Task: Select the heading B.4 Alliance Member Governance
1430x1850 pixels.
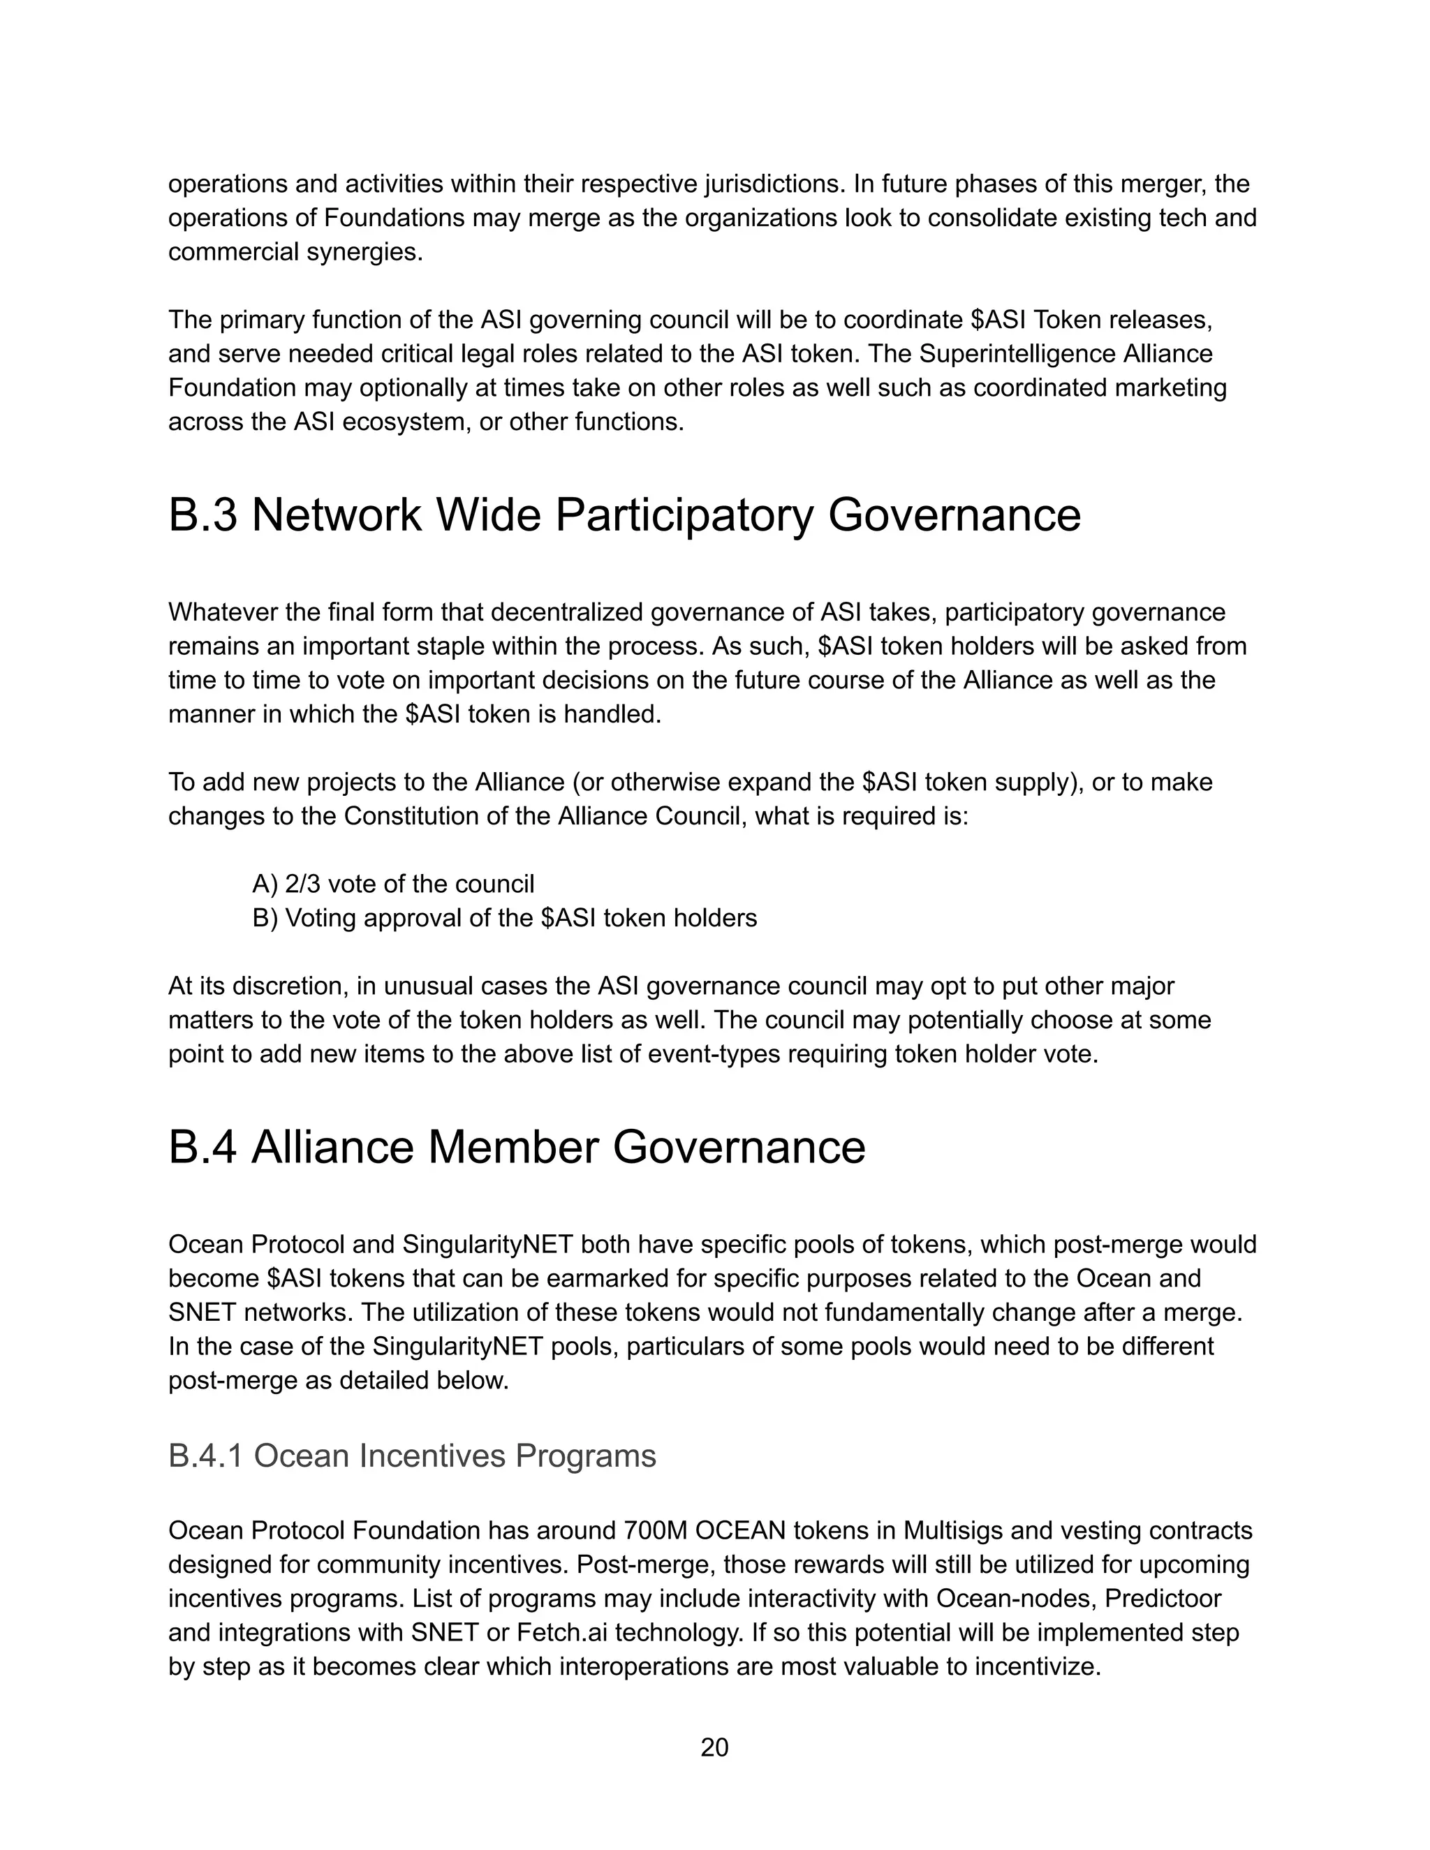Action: tap(517, 1147)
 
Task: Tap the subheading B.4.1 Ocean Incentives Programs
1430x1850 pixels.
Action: tap(412, 1456)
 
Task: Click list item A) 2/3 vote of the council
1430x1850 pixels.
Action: tap(393, 884)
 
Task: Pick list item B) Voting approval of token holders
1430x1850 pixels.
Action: tap(504, 917)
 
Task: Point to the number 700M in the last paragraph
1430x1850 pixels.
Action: tap(655, 1531)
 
